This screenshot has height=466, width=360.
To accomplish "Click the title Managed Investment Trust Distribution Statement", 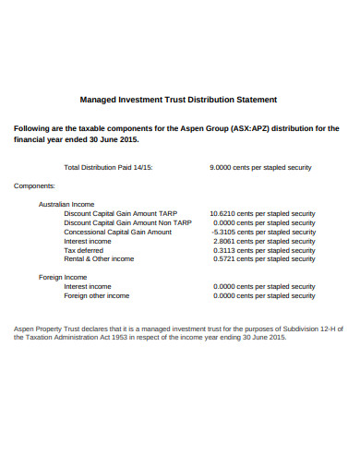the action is pos(179,99).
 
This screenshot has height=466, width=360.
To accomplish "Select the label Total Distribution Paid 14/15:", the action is pos(108,168).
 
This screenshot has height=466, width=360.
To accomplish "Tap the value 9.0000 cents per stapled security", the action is pos(261,168).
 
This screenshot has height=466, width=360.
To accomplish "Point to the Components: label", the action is pos(33,185).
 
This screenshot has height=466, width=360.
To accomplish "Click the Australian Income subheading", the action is pos(66,204).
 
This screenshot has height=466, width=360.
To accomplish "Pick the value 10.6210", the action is pos(224,213).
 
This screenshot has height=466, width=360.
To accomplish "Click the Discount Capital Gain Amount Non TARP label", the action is pos(127,222).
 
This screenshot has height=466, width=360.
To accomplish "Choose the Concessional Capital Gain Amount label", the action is pos(117,232).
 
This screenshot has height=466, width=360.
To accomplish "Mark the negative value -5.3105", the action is pos(224,232).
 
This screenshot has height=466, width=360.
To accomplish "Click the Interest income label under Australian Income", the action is pos(88,241).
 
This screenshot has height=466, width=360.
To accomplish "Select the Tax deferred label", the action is pos(84,250).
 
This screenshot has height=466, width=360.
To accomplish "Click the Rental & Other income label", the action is pos(99,259).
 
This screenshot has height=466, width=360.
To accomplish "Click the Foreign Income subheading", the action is pos(63,277).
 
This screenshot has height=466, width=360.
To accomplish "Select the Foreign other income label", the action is pos(96,295).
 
